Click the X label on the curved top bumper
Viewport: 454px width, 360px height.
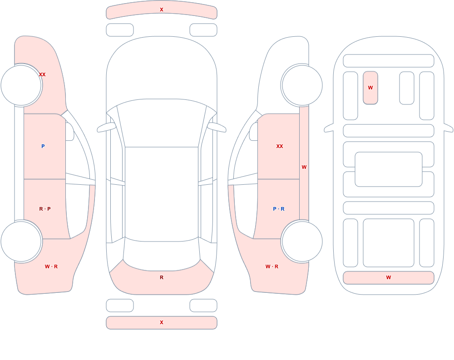click(162, 10)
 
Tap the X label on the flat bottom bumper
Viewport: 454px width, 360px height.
click(162, 322)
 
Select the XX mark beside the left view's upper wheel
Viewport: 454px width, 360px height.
click(42, 74)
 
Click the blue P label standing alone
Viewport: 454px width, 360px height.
click(43, 146)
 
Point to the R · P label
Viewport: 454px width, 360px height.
click(45, 209)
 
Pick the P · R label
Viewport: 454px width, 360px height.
click(279, 209)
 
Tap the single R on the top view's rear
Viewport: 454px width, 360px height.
click(162, 277)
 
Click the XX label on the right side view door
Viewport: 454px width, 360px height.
click(280, 146)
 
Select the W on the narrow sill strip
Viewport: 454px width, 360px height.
click(304, 167)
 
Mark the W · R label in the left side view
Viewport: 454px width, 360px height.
click(51, 266)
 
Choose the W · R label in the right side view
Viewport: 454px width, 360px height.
click(272, 266)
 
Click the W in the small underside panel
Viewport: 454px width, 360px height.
click(370, 88)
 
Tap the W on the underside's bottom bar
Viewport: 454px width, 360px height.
click(389, 277)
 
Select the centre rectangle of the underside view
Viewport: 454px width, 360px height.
click(389, 169)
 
